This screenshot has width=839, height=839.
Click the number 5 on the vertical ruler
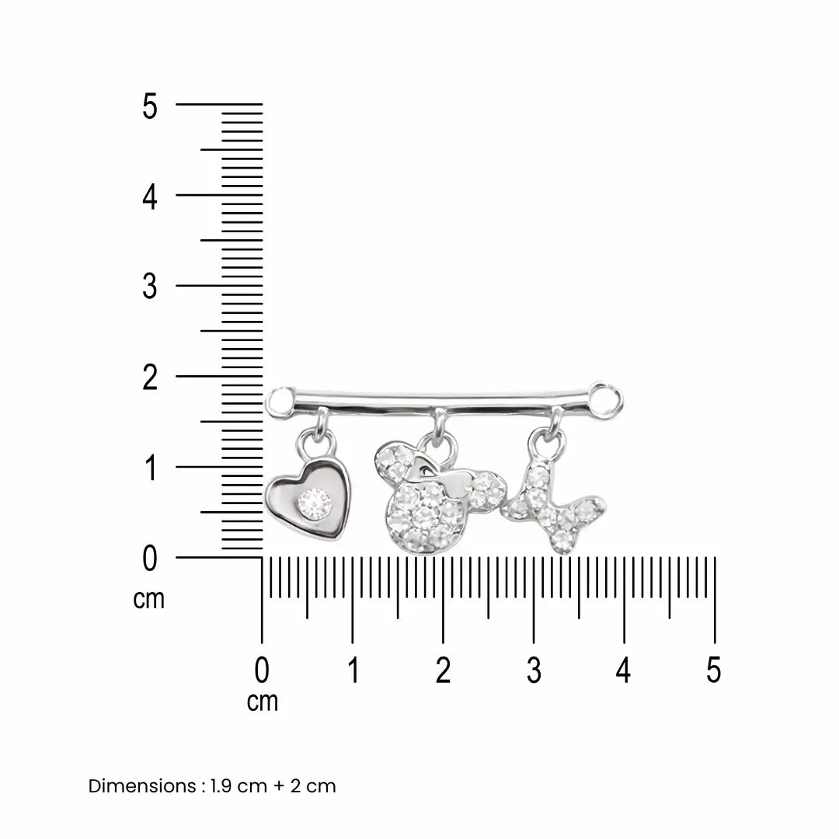click(x=150, y=106)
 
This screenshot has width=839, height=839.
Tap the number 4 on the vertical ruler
click(x=150, y=197)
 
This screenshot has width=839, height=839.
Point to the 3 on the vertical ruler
click(x=150, y=287)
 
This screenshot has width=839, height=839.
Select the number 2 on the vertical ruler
click(x=150, y=378)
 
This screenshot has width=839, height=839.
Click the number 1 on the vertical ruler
click(x=151, y=468)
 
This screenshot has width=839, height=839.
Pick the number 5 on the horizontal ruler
click(x=714, y=670)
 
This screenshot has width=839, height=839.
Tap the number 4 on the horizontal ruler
click(x=623, y=670)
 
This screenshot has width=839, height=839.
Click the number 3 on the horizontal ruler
click(x=534, y=670)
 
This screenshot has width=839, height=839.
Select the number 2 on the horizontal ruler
click(x=443, y=670)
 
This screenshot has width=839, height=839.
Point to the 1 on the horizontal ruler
click(x=353, y=670)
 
